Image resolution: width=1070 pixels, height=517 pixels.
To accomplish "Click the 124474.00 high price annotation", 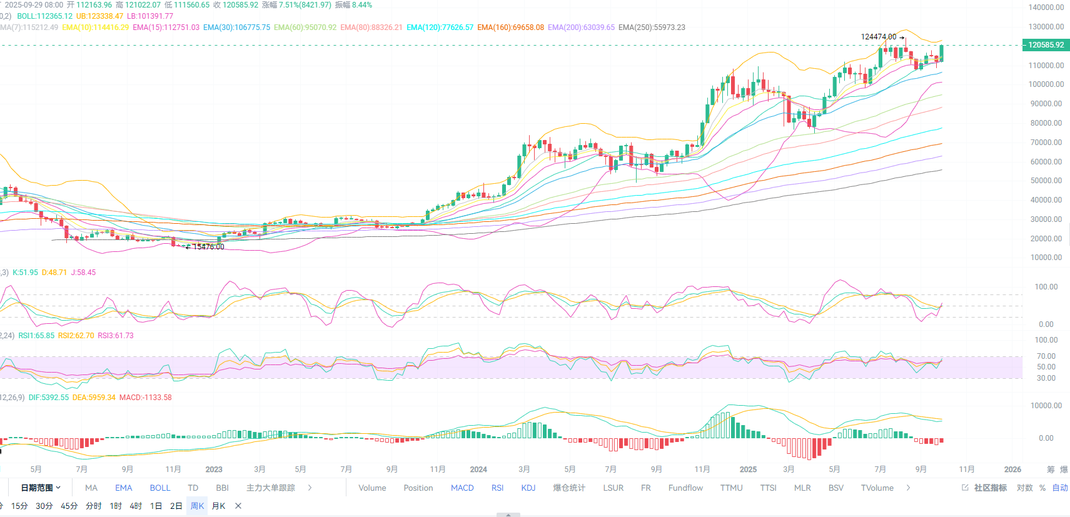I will tap(879, 37).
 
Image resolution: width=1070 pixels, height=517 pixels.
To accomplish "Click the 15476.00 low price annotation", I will tap(208, 247).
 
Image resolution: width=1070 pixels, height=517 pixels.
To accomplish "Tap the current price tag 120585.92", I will tap(1046, 45).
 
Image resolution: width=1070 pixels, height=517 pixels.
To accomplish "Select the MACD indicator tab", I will tap(462, 488).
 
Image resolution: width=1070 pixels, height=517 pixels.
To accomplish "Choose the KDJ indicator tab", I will tap(528, 488).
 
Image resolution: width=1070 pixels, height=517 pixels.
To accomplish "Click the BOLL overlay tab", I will tap(159, 488).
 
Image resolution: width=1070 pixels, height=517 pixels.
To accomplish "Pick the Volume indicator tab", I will tap(372, 488).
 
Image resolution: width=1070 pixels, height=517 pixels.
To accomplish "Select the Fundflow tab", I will tap(685, 488).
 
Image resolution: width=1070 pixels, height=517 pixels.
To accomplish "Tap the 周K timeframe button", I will tap(197, 506).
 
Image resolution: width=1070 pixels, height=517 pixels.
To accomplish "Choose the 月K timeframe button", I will tap(218, 506).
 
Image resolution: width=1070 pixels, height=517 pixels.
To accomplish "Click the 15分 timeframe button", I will tap(19, 506).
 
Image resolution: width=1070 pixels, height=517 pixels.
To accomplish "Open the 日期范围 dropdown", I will tap(41, 488).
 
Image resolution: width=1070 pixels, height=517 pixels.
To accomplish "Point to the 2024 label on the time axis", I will tap(478, 469).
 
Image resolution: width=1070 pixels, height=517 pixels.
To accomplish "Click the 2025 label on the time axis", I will tap(748, 469).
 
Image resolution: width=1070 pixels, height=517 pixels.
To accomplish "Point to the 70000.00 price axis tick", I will tap(1046, 143).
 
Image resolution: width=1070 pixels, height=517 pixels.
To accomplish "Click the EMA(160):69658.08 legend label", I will tap(510, 28).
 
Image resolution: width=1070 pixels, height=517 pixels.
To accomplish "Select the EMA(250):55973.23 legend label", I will tap(652, 28).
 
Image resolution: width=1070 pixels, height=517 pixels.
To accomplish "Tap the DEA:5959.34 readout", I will tap(94, 398).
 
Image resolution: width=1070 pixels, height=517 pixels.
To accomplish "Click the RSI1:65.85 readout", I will tap(36, 336).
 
